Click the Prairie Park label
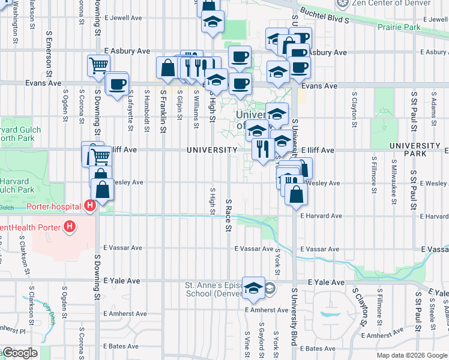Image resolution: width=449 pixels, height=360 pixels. point(399,27)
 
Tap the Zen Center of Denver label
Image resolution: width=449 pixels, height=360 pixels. point(391,3)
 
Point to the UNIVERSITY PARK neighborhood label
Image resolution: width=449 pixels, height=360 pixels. point(415,150)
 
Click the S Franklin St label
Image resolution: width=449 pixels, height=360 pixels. point(163,110)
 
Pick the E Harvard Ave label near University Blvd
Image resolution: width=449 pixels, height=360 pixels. point(321,215)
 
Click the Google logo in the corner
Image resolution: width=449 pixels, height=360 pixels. point(19,353)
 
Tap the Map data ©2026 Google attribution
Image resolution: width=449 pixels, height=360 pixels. point(411,355)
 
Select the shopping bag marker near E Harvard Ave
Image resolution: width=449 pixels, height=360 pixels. point(296,194)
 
